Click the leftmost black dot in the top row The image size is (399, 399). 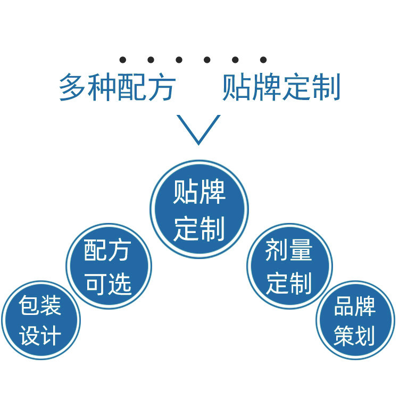tap(123, 60)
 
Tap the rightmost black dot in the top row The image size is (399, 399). tap(263, 60)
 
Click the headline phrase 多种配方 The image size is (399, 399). tap(117, 88)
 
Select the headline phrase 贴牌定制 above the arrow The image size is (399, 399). tap(281, 88)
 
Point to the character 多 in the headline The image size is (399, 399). tap(73, 88)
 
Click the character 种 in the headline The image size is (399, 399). tap(102, 88)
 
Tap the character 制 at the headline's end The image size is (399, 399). tap(326, 88)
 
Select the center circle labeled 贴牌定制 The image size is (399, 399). tap(199, 209)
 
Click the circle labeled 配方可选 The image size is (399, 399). tap(109, 266)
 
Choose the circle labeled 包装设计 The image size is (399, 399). tap(40, 321)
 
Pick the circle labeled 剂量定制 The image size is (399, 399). tap(289, 266)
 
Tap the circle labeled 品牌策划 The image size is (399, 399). tap(355, 321)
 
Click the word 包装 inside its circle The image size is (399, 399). tap(40, 306)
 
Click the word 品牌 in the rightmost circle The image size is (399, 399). tap(355, 306)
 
